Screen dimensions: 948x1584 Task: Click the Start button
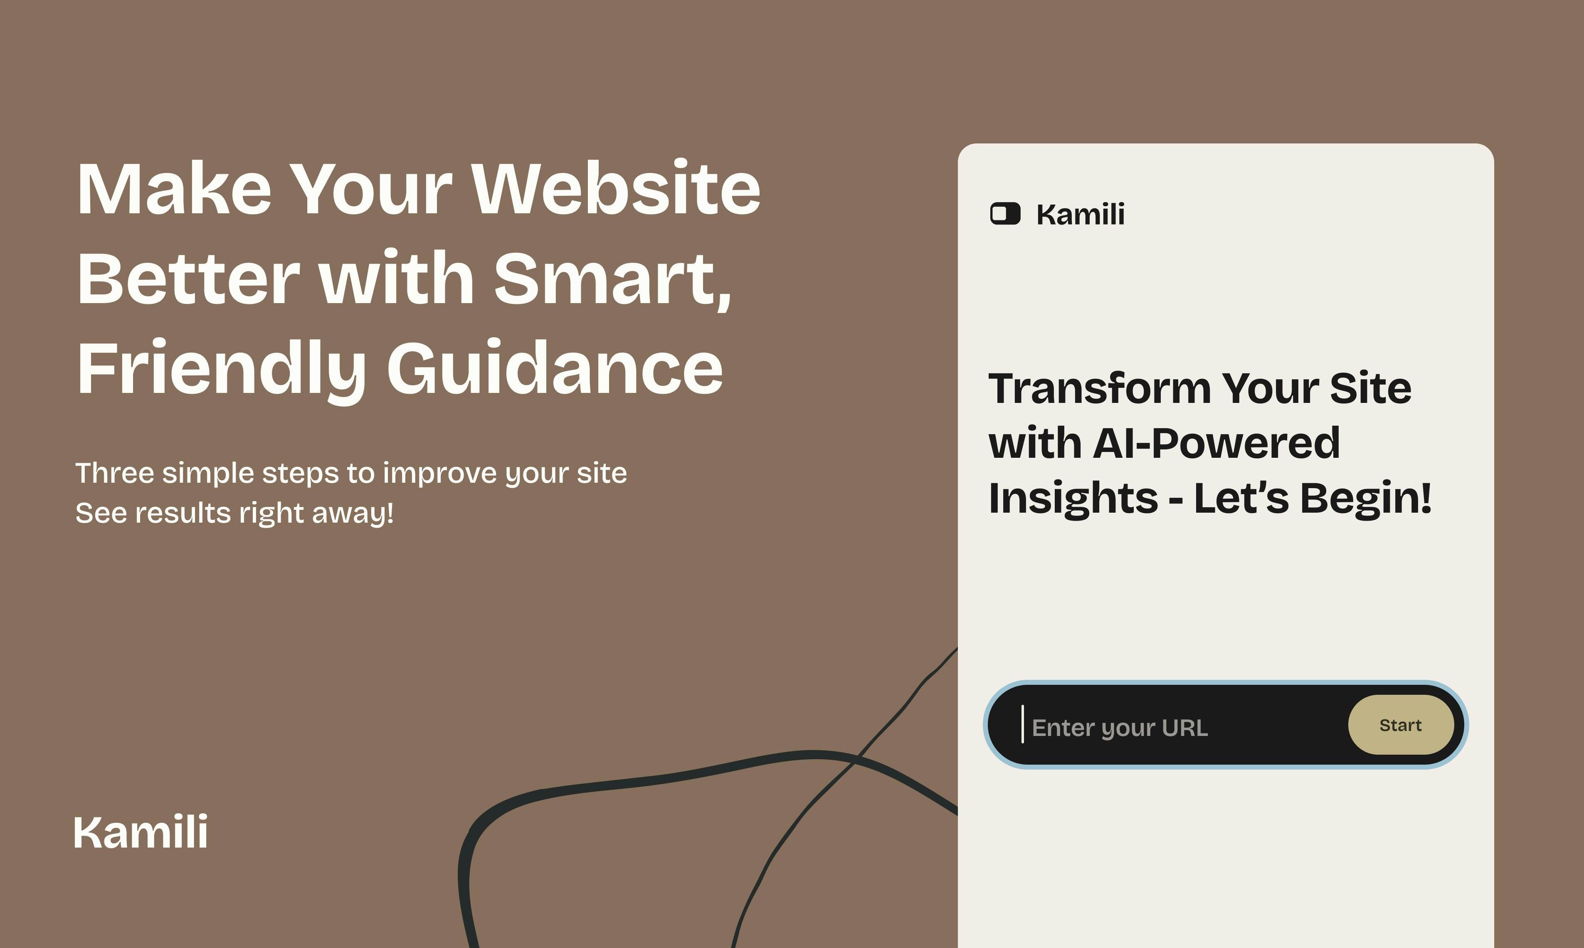(x=1400, y=725)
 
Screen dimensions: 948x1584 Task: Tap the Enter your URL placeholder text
(x=1120, y=728)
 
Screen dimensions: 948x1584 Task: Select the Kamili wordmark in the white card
(x=1080, y=215)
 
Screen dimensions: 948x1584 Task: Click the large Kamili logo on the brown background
(x=141, y=832)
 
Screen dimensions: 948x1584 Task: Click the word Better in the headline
(x=188, y=279)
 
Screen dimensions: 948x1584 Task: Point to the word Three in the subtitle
(x=115, y=473)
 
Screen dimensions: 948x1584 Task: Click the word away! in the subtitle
(x=353, y=513)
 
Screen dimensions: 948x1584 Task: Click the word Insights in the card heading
(x=1072, y=498)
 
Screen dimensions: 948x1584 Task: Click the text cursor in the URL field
(x=1023, y=724)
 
